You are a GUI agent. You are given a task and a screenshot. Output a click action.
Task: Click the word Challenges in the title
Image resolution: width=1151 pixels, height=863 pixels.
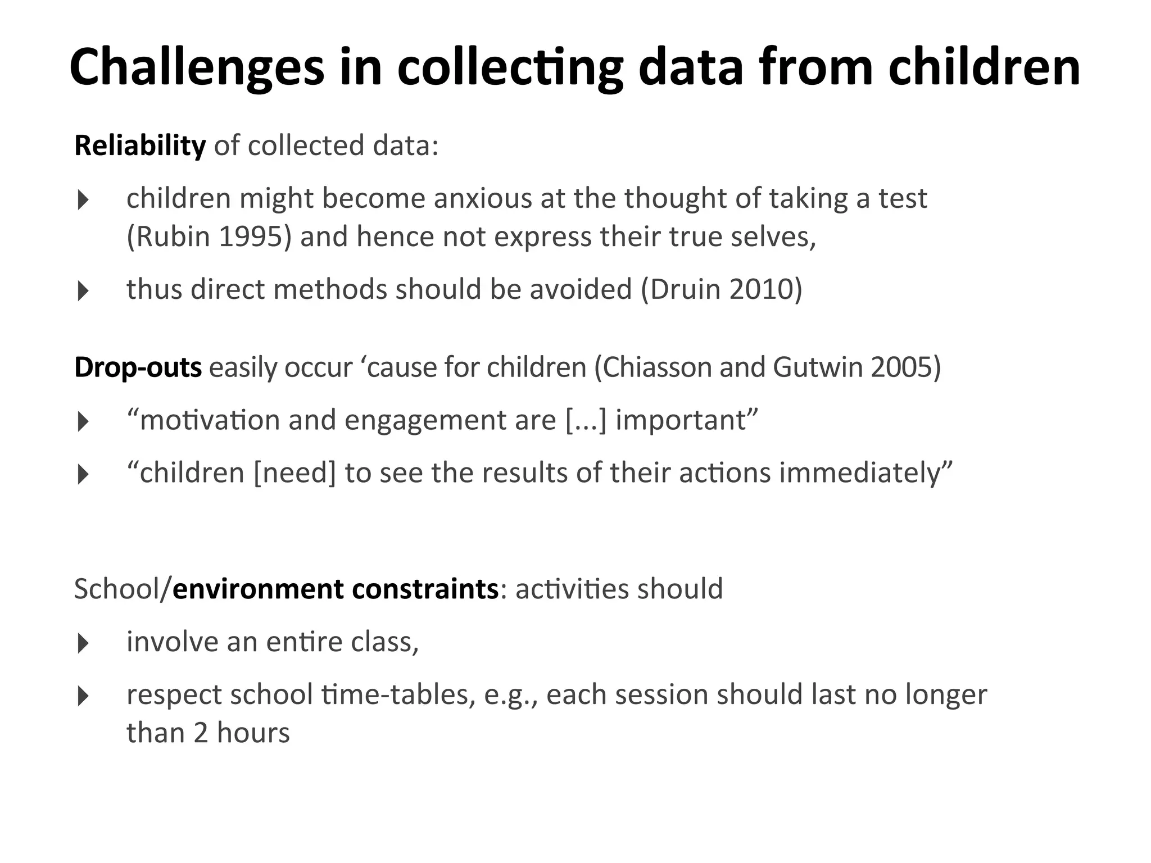tap(197, 67)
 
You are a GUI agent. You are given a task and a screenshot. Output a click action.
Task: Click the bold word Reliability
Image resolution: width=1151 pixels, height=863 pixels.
tap(140, 146)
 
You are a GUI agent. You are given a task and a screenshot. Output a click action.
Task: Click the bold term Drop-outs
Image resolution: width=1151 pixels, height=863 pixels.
tap(138, 367)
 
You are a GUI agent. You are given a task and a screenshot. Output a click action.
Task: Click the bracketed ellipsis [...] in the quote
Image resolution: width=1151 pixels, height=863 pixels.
tap(586, 420)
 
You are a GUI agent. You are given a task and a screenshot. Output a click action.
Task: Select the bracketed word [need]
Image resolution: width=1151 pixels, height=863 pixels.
tap(294, 473)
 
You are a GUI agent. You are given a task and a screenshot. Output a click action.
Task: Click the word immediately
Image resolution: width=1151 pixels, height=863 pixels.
tap(860, 473)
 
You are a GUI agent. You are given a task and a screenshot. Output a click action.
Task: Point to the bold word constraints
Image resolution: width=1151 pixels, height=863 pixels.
tap(425, 589)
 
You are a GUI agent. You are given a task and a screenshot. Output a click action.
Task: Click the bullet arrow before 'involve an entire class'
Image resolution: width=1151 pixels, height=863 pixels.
tap(83, 643)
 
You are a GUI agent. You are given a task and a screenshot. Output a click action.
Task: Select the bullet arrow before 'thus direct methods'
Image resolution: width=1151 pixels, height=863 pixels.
tap(83, 291)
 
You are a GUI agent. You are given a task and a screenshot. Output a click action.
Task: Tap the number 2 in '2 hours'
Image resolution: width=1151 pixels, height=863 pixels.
tap(201, 733)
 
